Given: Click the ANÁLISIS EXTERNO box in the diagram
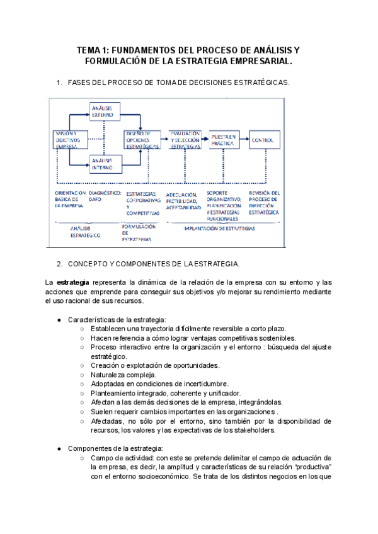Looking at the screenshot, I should point(104,113).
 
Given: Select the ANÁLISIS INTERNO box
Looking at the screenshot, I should point(104,163).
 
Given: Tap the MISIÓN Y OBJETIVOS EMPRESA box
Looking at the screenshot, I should point(70,140).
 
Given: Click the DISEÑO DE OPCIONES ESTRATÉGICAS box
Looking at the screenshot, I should point(142,140).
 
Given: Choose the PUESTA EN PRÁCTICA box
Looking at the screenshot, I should point(224,140).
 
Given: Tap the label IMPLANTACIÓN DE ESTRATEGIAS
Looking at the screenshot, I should point(219,229).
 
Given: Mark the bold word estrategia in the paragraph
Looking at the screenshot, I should point(72,281).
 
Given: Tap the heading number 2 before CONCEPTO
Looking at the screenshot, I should point(59,263).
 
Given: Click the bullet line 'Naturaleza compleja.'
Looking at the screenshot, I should point(123,375).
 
